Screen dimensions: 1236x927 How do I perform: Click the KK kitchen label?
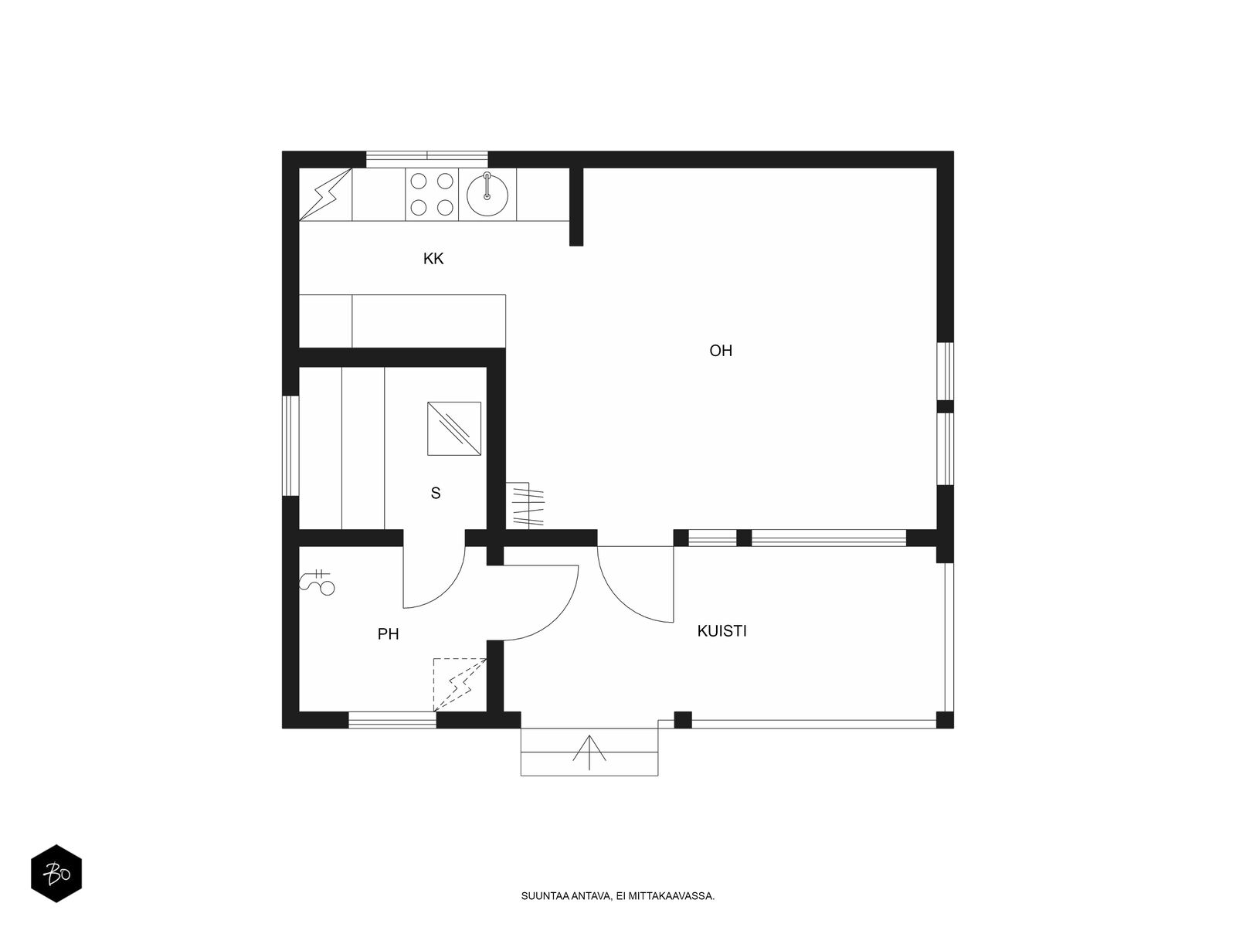(433, 258)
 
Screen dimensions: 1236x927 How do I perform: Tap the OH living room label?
(720, 351)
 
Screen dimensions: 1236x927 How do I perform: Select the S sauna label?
(435, 493)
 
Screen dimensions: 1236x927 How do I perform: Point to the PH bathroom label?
(388, 634)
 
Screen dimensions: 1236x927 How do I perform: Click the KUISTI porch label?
(722, 631)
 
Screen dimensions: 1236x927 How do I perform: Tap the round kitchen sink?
(487, 195)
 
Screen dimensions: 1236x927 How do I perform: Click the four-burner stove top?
(432, 194)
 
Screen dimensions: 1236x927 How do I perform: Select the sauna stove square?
(454, 428)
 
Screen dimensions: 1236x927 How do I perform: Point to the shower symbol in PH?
(319, 582)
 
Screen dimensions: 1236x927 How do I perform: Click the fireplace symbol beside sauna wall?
(525, 505)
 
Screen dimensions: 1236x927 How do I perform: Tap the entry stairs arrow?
(589, 752)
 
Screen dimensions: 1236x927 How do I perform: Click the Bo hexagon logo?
(56, 874)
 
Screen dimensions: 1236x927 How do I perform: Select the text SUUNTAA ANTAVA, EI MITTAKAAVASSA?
(618, 896)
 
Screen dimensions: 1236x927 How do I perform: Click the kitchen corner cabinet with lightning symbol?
(325, 194)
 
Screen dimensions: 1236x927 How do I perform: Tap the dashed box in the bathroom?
(460, 684)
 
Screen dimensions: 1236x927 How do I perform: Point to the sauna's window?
(290, 446)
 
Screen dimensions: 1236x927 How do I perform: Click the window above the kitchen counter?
(427, 159)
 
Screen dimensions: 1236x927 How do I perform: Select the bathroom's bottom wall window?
(392, 720)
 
